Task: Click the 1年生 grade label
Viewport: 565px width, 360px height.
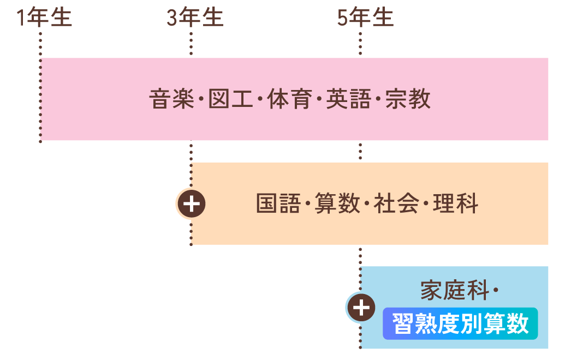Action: click(x=44, y=17)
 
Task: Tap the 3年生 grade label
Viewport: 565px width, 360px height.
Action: click(x=195, y=17)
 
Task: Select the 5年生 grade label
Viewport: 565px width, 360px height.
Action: click(x=365, y=17)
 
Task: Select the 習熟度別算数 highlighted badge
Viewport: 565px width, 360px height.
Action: click(x=460, y=324)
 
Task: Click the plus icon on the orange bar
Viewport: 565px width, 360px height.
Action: click(x=191, y=204)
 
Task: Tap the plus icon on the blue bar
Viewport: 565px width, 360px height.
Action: click(x=361, y=308)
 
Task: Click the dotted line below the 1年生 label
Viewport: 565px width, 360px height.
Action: click(x=40, y=44)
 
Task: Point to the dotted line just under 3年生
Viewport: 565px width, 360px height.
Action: click(x=191, y=44)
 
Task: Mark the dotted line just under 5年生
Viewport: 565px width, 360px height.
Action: click(x=360, y=44)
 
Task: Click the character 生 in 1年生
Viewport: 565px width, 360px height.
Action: click(x=61, y=17)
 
